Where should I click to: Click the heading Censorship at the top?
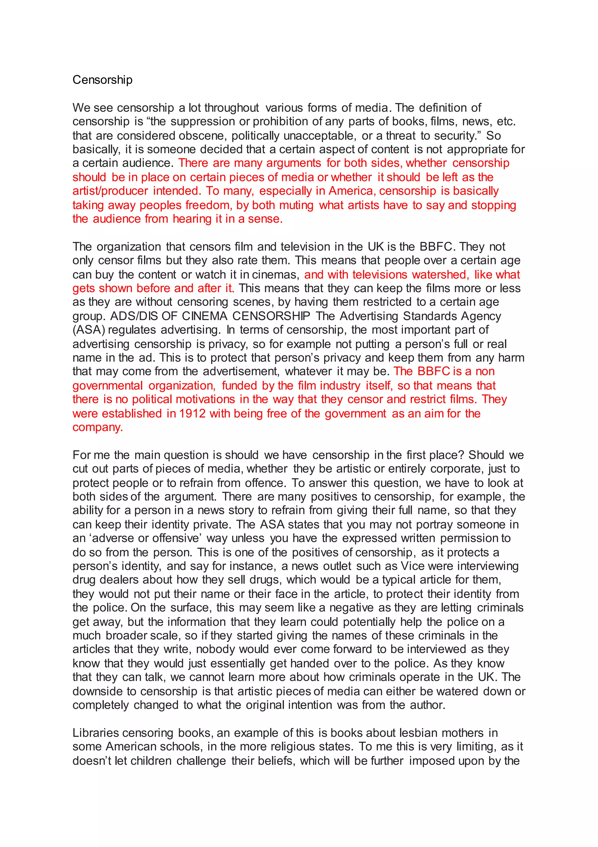click(x=102, y=80)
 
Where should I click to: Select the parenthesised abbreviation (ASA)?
click(x=88, y=329)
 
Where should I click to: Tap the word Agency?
click(x=483, y=316)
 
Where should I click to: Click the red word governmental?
click(x=107, y=386)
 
